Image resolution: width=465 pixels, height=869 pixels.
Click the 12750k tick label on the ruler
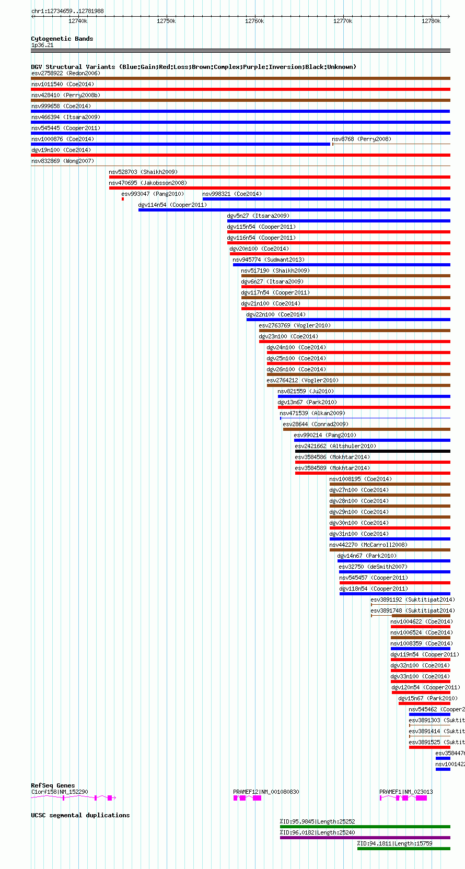click(166, 21)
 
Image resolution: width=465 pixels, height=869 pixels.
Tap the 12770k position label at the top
click(343, 21)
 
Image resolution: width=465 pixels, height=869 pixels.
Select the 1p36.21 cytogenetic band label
click(42, 45)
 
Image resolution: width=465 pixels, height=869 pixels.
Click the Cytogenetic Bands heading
click(62, 39)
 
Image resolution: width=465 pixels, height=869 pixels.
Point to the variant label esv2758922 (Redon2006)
click(65, 73)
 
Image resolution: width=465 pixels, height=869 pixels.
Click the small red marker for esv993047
click(123, 199)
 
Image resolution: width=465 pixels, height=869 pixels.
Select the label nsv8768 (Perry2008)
click(362, 139)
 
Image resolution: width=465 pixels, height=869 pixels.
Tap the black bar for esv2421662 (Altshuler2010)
click(372, 451)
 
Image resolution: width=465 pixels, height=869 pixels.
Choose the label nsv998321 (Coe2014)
click(232, 194)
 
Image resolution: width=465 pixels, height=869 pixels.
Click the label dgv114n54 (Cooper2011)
click(172, 205)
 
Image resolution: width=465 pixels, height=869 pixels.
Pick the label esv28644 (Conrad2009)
click(316, 424)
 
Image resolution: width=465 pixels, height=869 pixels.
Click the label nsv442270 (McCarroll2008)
click(368, 545)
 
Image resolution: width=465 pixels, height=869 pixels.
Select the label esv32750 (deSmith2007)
click(373, 567)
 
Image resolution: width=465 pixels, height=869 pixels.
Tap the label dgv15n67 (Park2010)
click(428, 698)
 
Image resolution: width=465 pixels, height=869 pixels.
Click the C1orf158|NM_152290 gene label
click(60, 792)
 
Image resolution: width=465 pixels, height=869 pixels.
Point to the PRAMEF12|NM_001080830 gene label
click(266, 792)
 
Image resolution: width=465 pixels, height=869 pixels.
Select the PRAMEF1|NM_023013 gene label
click(406, 792)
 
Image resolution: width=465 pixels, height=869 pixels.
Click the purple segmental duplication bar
click(365, 838)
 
